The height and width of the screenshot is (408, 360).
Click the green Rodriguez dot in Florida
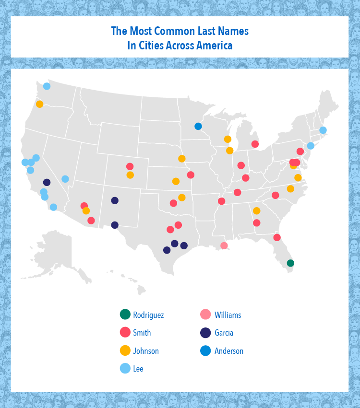click(290, 263)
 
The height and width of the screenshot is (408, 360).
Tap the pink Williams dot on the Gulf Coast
click(224, 245)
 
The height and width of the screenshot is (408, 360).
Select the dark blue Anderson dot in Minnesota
click(198, 126)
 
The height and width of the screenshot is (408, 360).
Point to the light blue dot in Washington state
click(47, 86)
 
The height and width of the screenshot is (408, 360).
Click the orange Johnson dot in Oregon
click(39, 104)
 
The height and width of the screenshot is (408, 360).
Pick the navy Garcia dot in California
click(47, 182)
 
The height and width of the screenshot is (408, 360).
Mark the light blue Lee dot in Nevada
click(65, 179)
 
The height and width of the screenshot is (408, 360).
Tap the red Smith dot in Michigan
click(255, 144)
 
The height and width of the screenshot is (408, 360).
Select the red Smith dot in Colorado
click(130, 166)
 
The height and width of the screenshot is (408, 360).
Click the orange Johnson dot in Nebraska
click(181, 159)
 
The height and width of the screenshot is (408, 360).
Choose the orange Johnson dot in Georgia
click(256, 210)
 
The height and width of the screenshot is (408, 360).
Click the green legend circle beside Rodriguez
click(125, 315)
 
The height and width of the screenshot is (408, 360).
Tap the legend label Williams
click(228, 315)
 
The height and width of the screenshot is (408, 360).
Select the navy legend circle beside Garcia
click(205, 333)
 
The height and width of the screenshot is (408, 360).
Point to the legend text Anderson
click(229, 351)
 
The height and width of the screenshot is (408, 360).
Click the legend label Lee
click(138, 369)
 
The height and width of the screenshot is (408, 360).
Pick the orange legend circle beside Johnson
click(125, 351)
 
